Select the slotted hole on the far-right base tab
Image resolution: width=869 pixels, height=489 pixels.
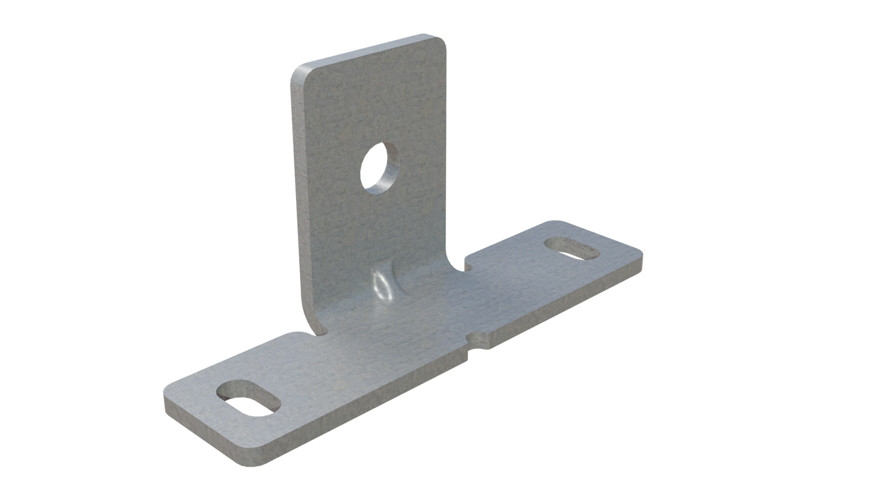coord(572,247)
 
